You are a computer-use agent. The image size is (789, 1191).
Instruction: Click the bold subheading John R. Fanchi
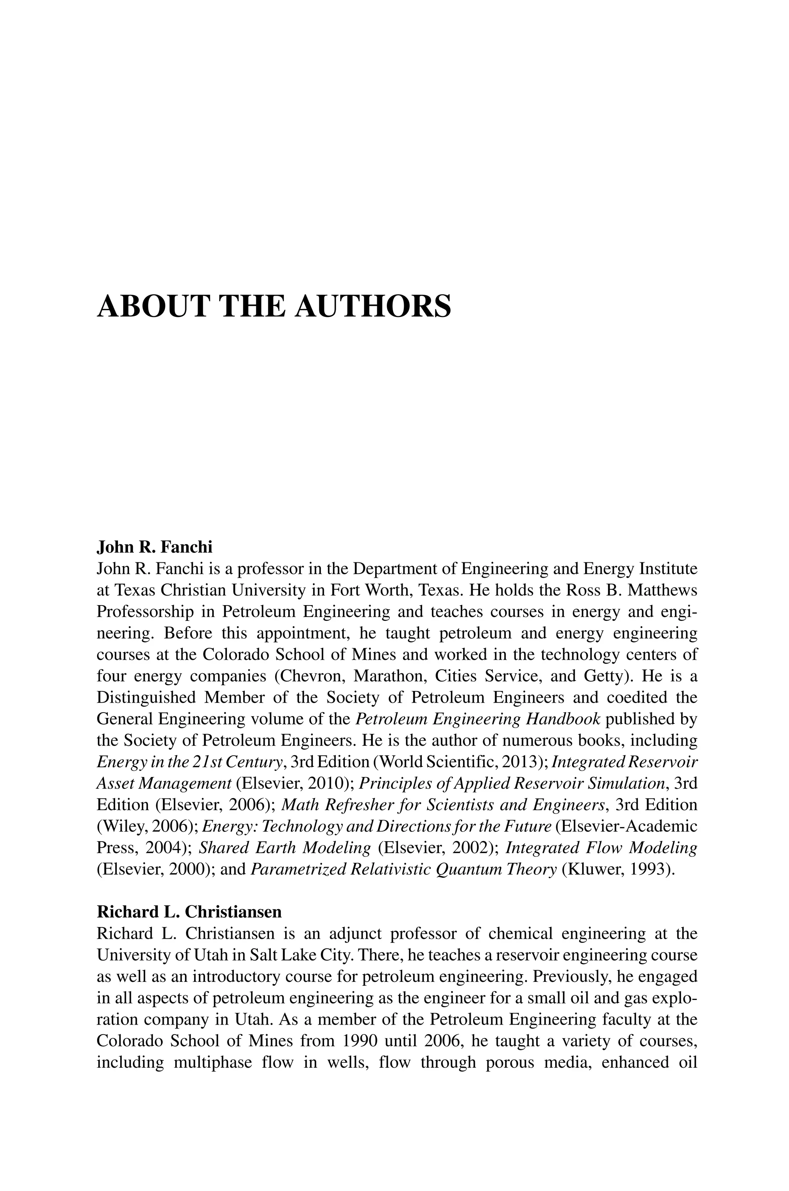click(x=154, y=546)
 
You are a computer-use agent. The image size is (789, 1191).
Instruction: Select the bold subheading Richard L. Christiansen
click(x=189, y=911)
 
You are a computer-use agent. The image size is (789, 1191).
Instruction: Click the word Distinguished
click(x=146, y=697)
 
